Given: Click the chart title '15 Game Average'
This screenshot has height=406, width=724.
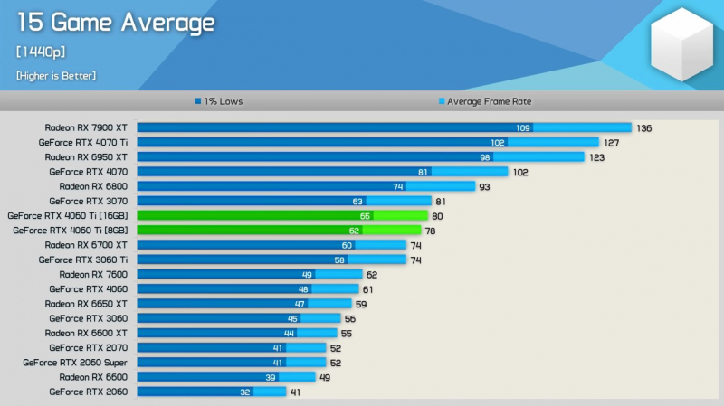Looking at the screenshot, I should (115, 23).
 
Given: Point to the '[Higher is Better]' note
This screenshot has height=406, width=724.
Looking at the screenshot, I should (56, 75).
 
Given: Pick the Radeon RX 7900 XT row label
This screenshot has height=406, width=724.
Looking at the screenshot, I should (86, 127).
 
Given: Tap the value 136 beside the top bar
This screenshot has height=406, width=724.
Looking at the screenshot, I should (643, 128).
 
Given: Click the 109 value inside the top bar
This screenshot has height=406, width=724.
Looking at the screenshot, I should (523, 128).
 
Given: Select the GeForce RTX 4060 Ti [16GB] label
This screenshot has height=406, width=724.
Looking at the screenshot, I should (68, 215).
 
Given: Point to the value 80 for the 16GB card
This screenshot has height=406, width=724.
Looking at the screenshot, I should (438, 216).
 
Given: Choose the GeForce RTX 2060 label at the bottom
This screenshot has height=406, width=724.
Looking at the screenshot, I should (88, 392).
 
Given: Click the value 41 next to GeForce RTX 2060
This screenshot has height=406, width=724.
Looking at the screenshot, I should (295, 392).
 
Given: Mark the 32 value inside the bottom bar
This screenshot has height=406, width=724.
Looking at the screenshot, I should (244, 392).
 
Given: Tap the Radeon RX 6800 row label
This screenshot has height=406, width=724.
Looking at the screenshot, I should (93, 186).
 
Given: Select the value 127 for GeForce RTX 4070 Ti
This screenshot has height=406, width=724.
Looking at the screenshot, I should (612, 143).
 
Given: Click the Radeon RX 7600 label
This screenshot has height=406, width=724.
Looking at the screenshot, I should (93, 274).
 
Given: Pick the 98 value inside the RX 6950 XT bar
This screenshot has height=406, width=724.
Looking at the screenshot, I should (485, 157).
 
